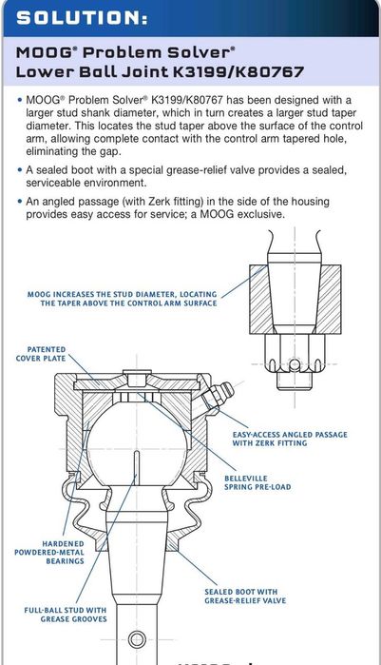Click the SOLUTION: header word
click(x=82, y=18)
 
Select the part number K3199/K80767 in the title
click(x=238, y=71)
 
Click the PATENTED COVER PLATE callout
click(x=41, y=354)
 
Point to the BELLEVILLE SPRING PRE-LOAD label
click(x=257, y=482)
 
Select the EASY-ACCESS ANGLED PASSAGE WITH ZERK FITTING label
click(x=290, y=439)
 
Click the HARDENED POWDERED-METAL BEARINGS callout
click(x=49, y=552)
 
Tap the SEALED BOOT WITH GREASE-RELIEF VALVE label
click(x=245, y=596)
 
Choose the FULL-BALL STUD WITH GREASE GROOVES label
click(x=66, y=615)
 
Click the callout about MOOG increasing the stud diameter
click(x=123, y=299)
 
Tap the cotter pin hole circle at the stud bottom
click(x=137, y=639)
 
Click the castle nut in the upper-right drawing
click(x=295, y=353)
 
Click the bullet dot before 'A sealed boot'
click(x=19, y=170)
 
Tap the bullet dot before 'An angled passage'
click(x=19, y=201)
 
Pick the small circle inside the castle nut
click(x=295, y=363)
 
